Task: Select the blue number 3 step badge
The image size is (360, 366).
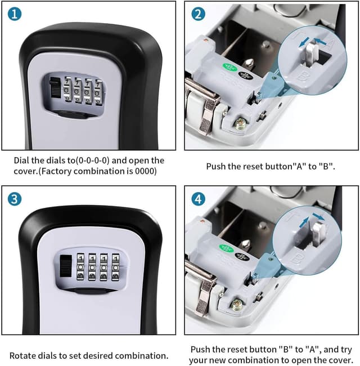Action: (x=15, y=199)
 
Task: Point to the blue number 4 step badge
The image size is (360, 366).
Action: (x=198, y=199)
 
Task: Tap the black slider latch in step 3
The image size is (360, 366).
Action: (x=65, y=266)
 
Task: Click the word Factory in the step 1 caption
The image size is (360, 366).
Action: (x=66, y=171)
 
